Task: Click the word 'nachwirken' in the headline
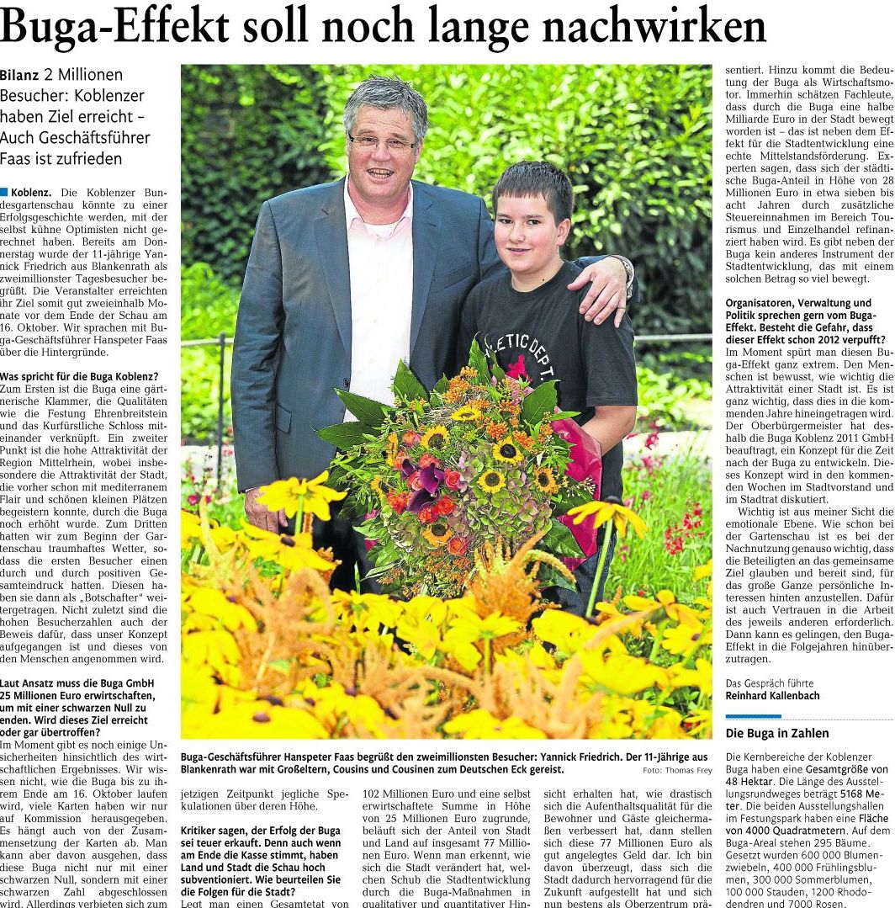[654, 26]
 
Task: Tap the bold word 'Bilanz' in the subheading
[20, 76]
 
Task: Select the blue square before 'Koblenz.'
[4, 193]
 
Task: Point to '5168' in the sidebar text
[850, 794]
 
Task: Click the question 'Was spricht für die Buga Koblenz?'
[79, 376]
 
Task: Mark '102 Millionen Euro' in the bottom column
[403, 793]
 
